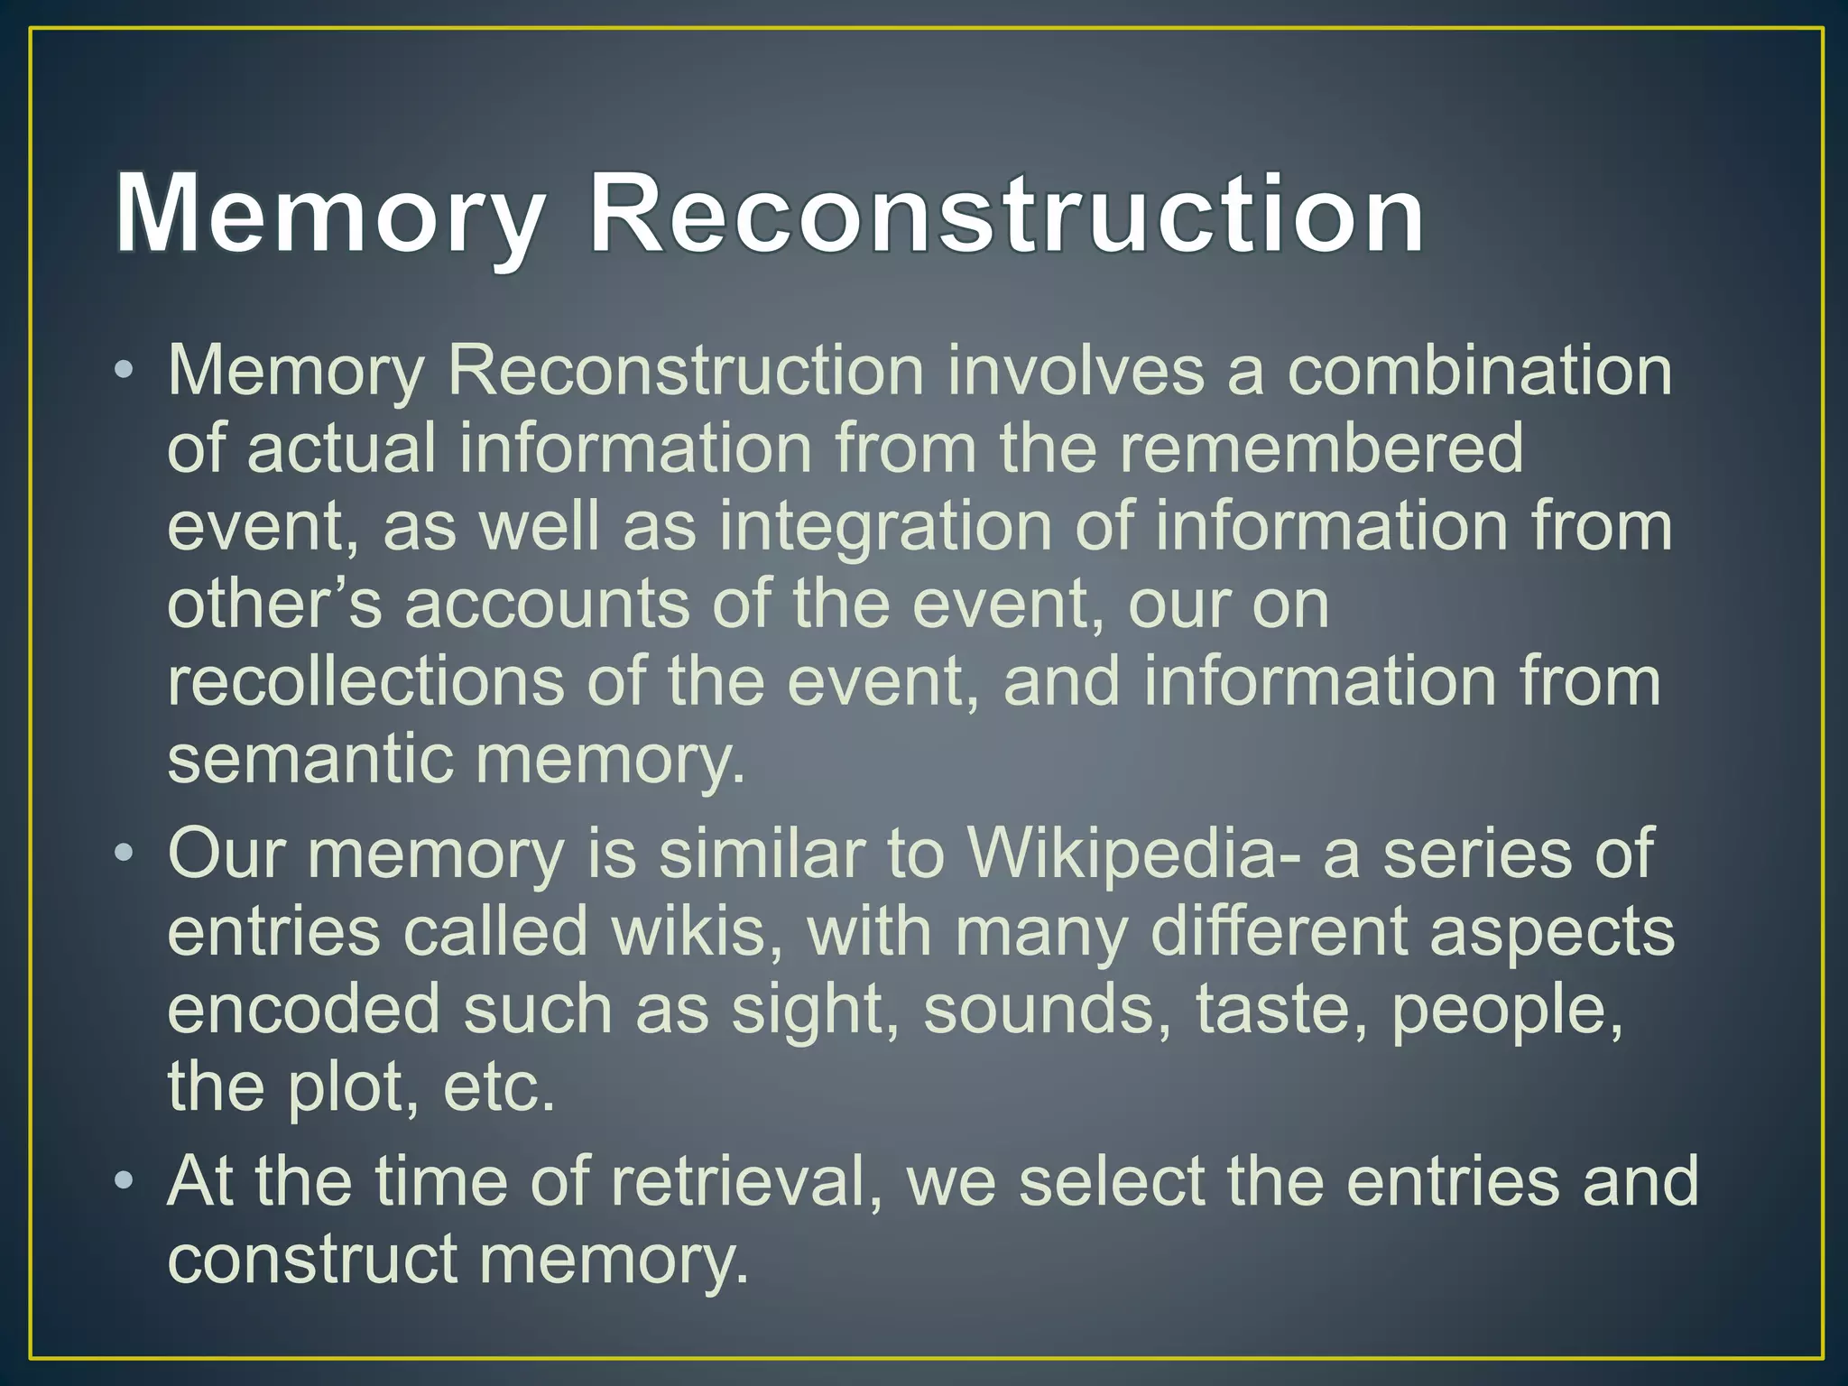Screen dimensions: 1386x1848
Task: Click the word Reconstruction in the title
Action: [1006, 215]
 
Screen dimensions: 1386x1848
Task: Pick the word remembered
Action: [1321, 448]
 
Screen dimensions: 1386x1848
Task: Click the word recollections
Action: [365, 680]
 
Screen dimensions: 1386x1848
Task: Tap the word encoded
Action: [303, 1008]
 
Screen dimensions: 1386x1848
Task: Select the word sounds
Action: [1047, 1008]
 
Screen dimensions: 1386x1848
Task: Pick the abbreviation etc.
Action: [498, 1086]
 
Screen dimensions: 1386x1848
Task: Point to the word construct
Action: [312, 1259]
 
